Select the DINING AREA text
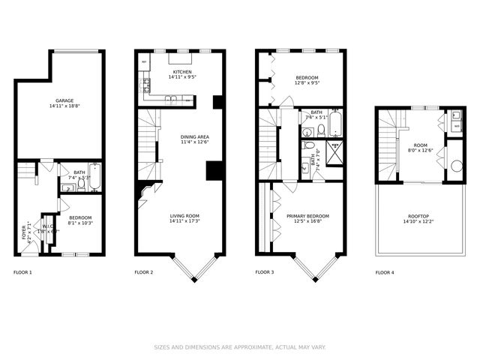click(x=194, y=137)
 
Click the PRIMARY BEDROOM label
click(x=307, y=216)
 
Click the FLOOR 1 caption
click(x=22, y=272)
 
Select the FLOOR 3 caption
click(x=264, y=272)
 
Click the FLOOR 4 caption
click(x=384, y=272)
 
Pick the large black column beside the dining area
click(x=214, y=171)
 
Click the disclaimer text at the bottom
click(x=240, y=346)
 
